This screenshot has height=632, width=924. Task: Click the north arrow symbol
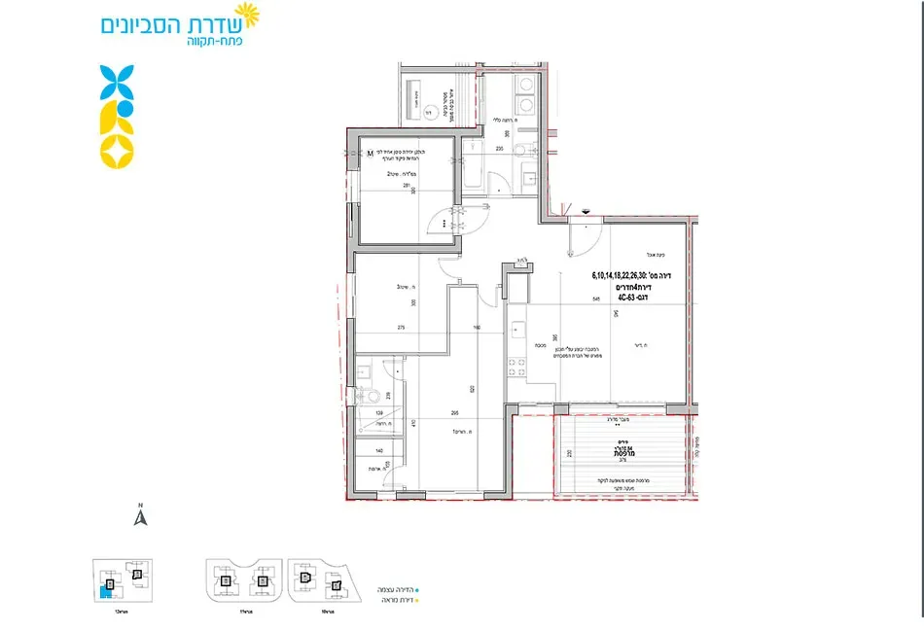(x=140, y=516)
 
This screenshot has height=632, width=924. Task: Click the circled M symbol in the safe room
(x=370, y=151)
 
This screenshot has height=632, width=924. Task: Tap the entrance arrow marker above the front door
(x=585, y=210)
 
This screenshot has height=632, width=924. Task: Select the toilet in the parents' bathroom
(x=370, y=398)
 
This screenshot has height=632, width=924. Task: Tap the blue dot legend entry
(x=417, y=588)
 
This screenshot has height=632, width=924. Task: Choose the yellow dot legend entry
(x=417, y=600)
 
